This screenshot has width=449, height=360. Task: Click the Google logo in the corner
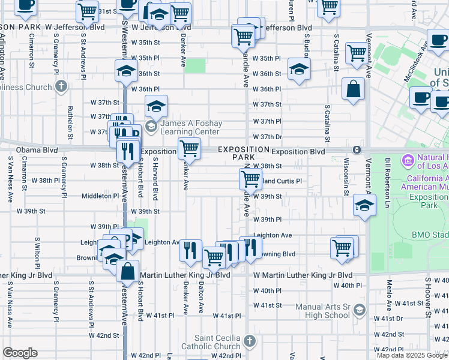coord(20,353)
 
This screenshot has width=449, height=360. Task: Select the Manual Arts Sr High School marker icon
coord(360,310)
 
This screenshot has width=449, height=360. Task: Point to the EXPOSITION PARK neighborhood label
coord(243,153)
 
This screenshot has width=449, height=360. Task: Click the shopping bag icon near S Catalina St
coord(353,89)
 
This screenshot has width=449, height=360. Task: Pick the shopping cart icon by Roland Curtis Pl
coord(250,178)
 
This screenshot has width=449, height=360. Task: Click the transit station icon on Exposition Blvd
coord(357,149)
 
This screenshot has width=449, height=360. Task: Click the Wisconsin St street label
coord(346,177)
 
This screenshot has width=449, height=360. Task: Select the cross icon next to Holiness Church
coord(61,87)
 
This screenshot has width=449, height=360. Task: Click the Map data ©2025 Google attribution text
coord(411,355)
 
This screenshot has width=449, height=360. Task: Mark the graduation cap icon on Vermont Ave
coord(364,206)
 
